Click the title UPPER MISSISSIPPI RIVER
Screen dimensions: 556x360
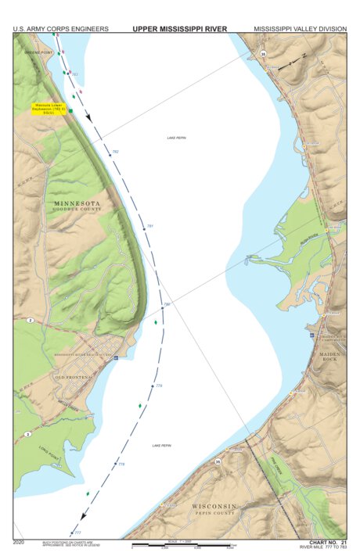tap(180, 29)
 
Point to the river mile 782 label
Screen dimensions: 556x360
tap(116, 151)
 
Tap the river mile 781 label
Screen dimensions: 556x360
tap(150, 226)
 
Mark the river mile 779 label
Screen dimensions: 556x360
tap(159, 386)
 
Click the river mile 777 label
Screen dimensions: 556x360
tap(77, 533)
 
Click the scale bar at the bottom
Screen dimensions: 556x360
tap(184, 544)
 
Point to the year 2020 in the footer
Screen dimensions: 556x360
tap(20, 541)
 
